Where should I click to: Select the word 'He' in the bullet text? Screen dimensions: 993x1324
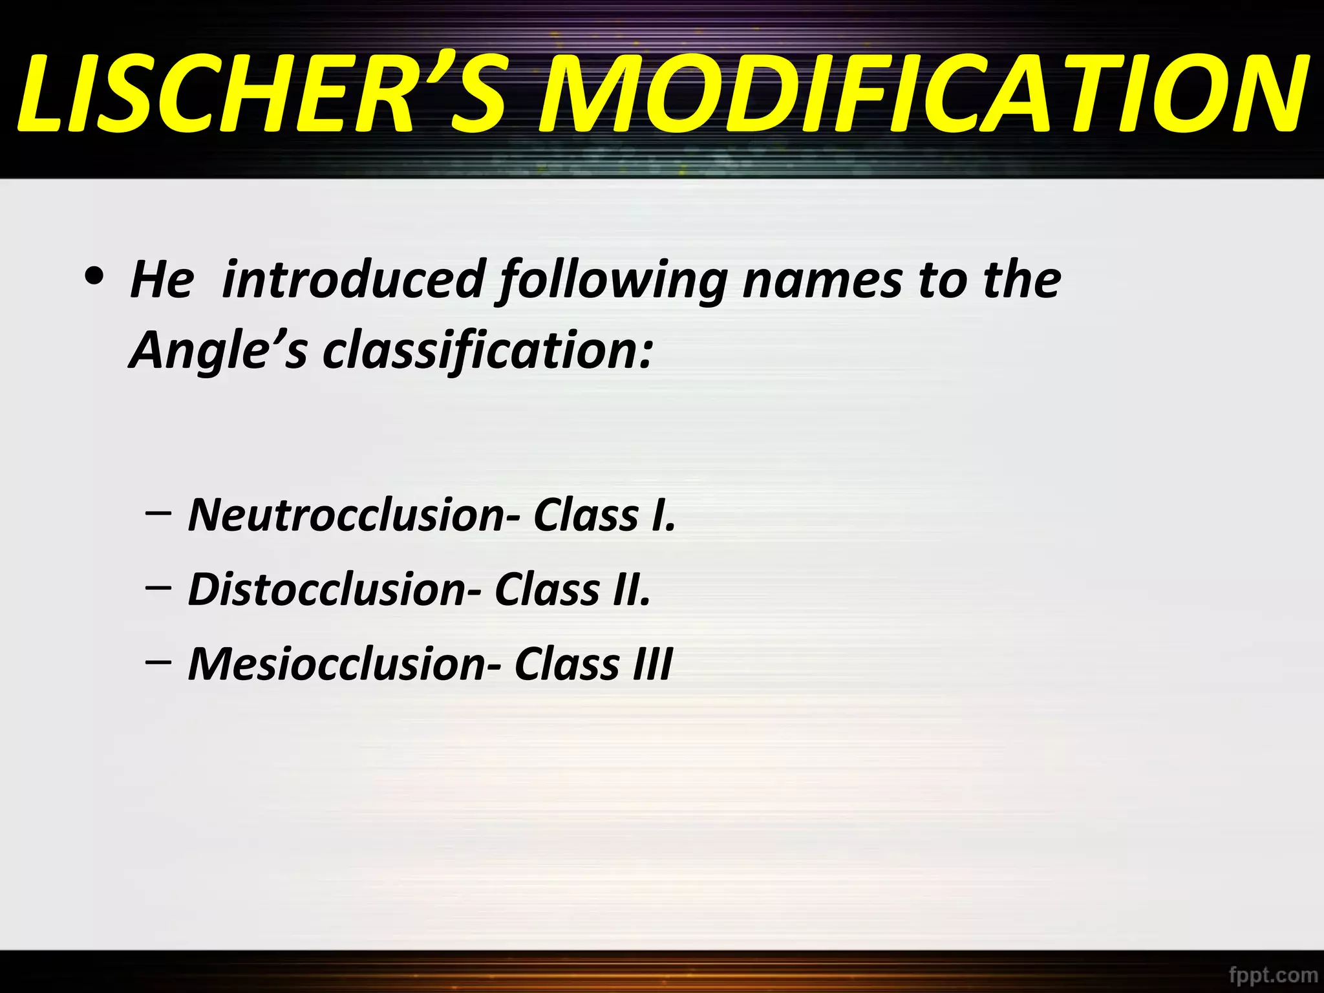click(x=162, y=280)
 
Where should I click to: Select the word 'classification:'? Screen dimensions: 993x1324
click(x=488, y=351)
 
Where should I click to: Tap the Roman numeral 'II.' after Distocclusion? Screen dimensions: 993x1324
click(x=631, y=590)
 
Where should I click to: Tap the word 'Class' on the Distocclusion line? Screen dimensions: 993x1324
click(x=547, y=590)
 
